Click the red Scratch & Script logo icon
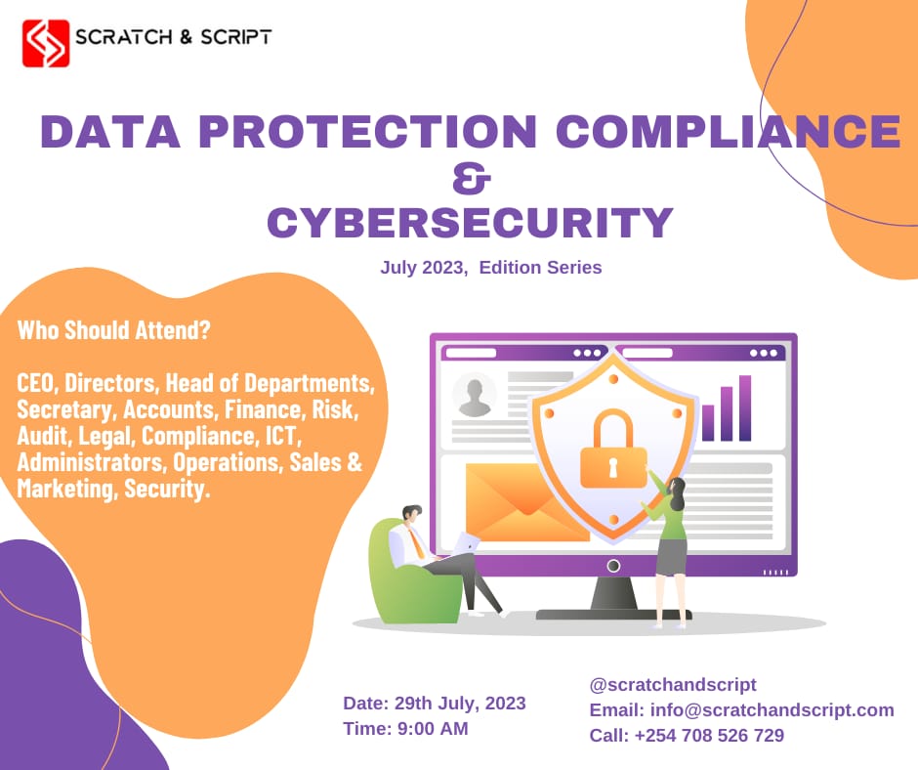tap(46, 43)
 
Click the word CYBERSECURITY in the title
tap(471, 223)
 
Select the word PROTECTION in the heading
tap(344, 131)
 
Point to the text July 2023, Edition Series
tap(491, 267)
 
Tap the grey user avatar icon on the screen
tap(475, 395)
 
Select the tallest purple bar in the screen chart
tap(745, 407)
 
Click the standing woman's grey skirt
tap(671, 557)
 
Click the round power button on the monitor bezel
tap(613, 566)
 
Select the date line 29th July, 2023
tap(435, 704)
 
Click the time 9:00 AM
tap(405, 729)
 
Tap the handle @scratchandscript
tap(673, 685)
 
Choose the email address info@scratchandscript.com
tap(741, 710)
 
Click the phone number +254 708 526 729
tap(687, 736)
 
